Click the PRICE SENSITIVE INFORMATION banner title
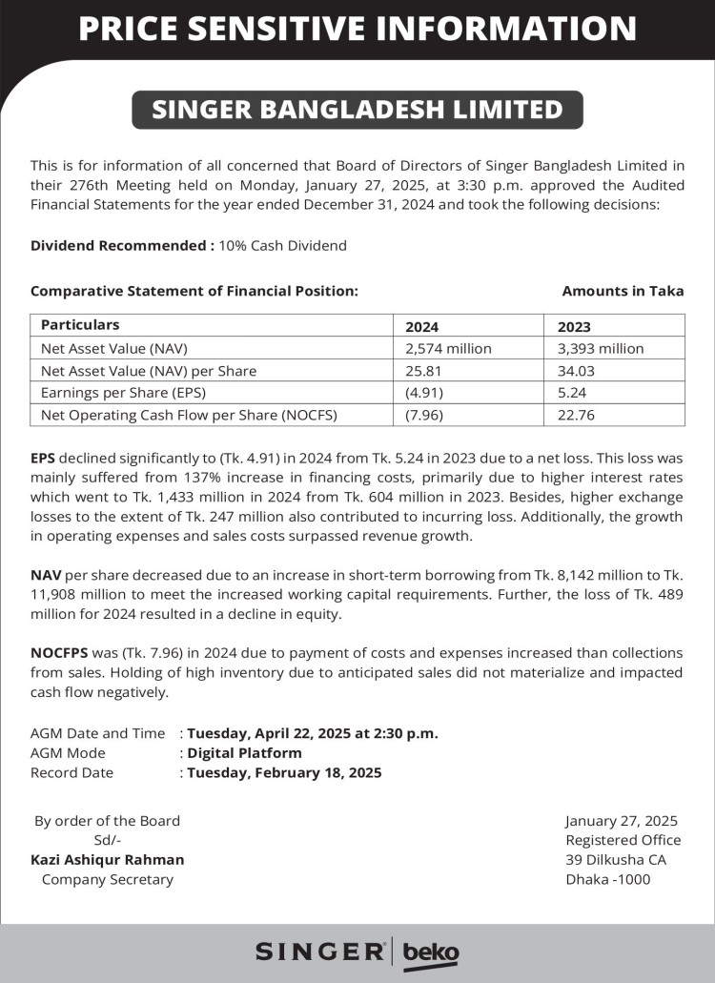[x=357, y=29]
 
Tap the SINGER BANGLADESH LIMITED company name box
[x=357, y=110]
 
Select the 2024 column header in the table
[x=422, y=326]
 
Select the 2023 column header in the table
[x=574, y=326]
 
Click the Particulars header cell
[x=80, y=325]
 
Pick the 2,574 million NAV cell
[x=448, y=348]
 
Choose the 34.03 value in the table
[x=576, y=370]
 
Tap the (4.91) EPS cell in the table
[x=424, y=392]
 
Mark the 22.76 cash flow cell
[x=576, y=415]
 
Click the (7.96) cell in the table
[x=424, y=415]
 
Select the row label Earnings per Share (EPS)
[x=123, y=392]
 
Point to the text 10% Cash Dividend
[x=282, y=245]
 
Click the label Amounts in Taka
[x=623, y=291]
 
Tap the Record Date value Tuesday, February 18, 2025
[x=284, y=772]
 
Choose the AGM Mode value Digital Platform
[x=244, y=753]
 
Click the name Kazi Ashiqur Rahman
[x=108, y=859]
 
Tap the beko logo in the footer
[x=431, y=952]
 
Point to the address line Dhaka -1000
[x=608, y=879]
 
